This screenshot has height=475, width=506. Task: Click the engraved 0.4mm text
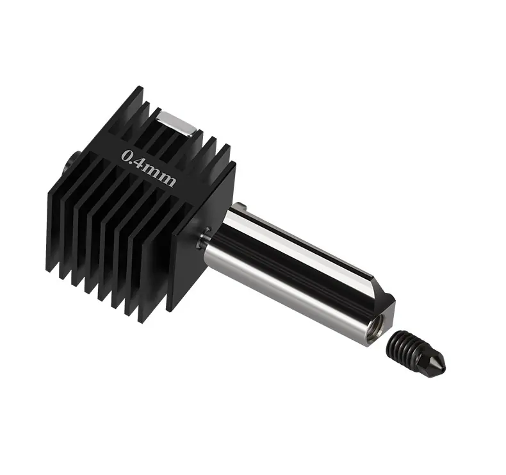tap(149, 168)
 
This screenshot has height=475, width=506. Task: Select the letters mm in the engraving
tap(161, 177)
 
